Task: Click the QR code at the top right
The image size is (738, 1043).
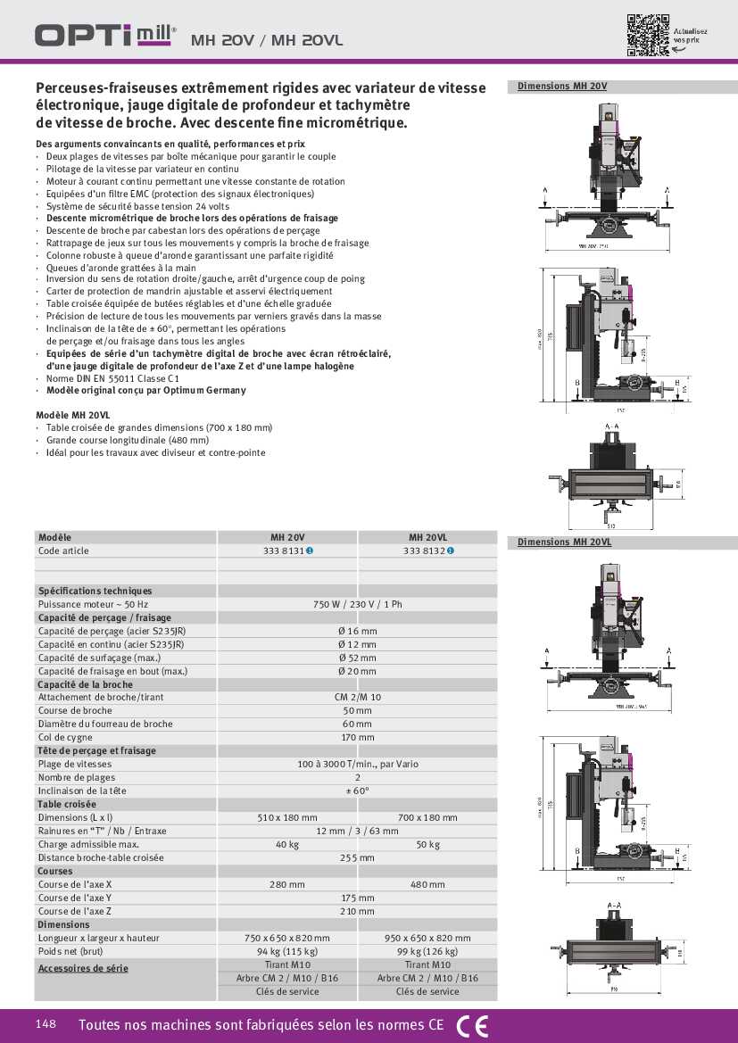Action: tap(647, 35)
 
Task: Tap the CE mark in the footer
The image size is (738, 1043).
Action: tap(472, 1026)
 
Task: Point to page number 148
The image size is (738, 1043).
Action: tap(46, 1024)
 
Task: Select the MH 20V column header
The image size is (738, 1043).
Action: tap(287, 537)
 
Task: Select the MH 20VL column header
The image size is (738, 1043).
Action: tap(427, 537)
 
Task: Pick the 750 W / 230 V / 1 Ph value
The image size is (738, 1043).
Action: tap(357, 604)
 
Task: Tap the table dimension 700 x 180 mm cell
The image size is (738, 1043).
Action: tap(427, 817)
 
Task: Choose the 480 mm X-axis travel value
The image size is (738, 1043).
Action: tap(427, 884)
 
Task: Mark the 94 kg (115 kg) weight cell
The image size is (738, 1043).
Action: tap(287, 951)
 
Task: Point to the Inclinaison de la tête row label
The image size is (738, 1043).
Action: tap(82, 791)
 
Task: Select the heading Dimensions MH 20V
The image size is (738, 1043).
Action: tap(562, 87)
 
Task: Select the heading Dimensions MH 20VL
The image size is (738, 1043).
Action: tap(564, 542)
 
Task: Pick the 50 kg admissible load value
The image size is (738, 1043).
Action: tap(427, 844)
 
